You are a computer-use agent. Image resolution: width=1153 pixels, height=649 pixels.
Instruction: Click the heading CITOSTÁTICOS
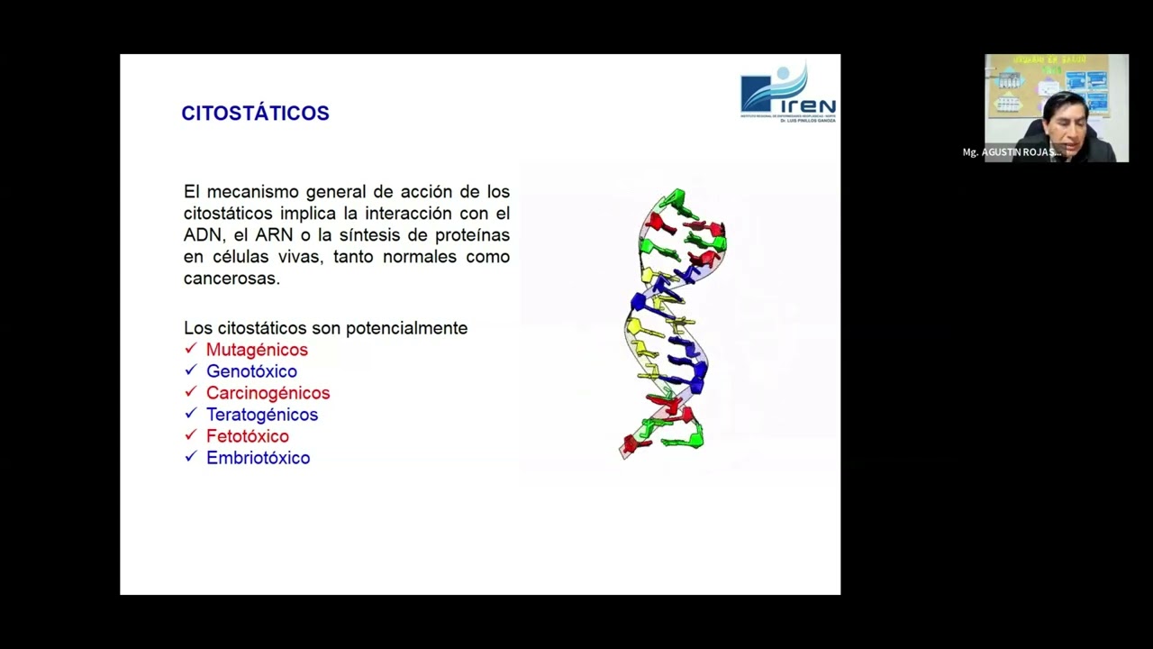255,114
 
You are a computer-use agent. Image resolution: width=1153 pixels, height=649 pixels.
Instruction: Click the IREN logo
787,93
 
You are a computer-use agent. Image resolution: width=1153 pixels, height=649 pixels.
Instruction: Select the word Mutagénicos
257,350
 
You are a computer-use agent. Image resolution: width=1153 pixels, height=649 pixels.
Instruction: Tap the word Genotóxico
251,371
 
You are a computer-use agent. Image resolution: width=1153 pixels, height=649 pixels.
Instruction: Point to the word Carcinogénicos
268,393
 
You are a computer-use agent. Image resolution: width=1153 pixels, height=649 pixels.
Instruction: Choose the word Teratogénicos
262,415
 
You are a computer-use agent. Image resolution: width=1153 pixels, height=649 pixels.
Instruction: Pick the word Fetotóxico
247,436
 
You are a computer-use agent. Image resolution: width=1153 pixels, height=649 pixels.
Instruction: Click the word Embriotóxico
258,458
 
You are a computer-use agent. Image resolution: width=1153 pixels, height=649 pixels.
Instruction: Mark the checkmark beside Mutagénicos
190,349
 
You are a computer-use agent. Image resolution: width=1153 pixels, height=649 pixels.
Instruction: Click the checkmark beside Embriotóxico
190,457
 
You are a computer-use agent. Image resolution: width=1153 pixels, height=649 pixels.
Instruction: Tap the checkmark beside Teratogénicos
190,414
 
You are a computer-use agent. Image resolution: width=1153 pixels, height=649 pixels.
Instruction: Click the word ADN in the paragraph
202,235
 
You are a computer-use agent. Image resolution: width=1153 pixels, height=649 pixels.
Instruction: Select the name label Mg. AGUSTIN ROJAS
1011,152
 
